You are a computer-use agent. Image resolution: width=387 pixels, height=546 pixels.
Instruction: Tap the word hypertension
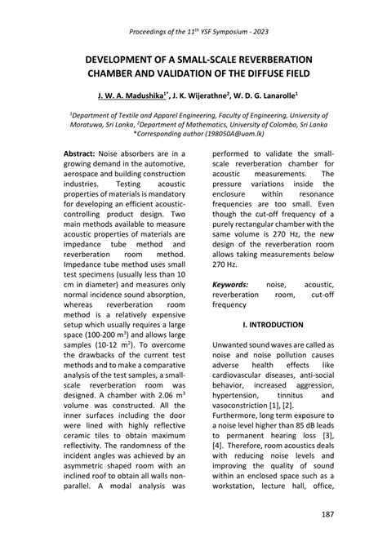(247, 395)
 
